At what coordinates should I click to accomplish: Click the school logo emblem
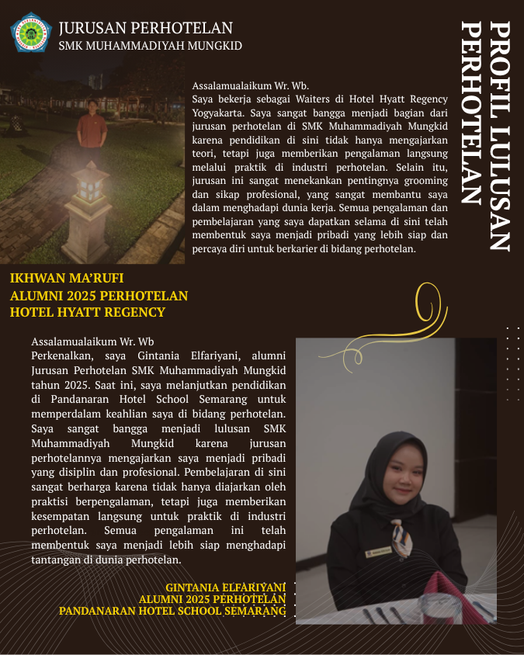point(30,31)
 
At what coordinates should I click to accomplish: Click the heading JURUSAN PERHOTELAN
point(135,28)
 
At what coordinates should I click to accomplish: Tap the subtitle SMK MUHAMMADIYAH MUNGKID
point(150,46)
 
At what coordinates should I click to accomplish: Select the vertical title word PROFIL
point(500,61)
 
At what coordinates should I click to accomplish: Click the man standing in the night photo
point(92,128)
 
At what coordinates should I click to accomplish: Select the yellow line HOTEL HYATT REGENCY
point(88,312)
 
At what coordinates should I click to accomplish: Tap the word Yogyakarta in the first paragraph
point(219,112)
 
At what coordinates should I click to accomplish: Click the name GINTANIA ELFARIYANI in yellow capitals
point(225,587)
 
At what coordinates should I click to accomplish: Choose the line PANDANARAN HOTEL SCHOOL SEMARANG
point(172,611)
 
